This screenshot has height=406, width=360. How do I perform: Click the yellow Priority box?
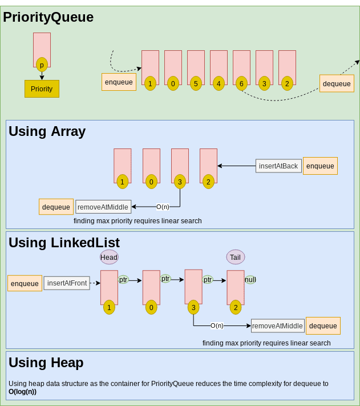tap(42, 89)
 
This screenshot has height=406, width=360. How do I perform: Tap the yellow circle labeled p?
tap(42, 65)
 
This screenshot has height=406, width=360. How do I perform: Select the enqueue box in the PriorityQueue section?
tap(119, 82)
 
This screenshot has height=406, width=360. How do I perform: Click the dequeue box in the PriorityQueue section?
tap(337, 83)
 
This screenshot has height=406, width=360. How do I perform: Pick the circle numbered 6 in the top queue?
tap(241, 83)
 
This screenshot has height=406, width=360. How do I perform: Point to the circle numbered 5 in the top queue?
tap(196, 83)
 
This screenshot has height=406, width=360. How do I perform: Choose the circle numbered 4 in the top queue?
tap(219, 83)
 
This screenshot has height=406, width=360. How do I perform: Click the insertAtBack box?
tap(278, 166)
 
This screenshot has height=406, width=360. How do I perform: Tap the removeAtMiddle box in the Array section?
tap(103, 207)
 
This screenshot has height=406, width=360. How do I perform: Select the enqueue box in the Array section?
tap(320, 166)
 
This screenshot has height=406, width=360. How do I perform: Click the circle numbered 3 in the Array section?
tap(180, 182)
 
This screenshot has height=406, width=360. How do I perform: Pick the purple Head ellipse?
tap(109, 257)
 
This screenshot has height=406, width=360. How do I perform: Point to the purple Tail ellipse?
tap(236, 257)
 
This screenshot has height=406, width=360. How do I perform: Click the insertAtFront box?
tap(67, 283)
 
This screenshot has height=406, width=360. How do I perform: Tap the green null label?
tap(250, 280)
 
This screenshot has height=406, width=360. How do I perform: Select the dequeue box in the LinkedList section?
tap(323, 325)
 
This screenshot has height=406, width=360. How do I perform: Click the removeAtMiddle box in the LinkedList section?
tap(277, 326)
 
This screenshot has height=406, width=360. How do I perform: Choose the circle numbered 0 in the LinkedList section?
tap(151, 308)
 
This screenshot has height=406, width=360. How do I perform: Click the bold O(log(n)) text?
tap(22, 392)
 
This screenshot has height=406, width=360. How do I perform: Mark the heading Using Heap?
tap(46, 363)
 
